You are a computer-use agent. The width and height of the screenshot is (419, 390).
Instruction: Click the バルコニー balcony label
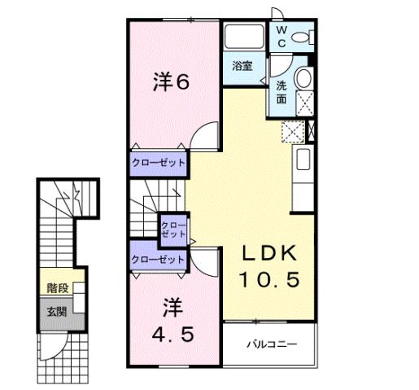click(x=271, y=344)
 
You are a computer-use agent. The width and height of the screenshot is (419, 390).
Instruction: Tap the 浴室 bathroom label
click(x=242, y=67)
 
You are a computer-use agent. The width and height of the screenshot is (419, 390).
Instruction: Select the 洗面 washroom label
click(x=281, y=92)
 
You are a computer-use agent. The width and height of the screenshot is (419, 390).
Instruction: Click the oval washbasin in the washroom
click(x=303, y=78)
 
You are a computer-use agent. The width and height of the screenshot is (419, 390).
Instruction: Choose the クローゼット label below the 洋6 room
click(x=159, y=163)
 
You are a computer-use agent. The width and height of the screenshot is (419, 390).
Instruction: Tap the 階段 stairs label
click(x=58, y=287)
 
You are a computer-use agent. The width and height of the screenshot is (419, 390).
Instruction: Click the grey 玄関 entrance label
click(x=58, y=312)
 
